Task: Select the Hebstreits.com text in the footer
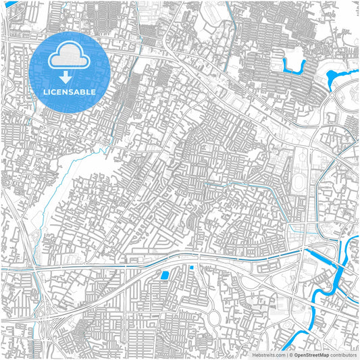point(268,354)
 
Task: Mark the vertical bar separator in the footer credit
point(286,354)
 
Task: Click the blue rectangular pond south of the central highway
point(164,275)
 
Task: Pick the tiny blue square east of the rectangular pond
point(192,267)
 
